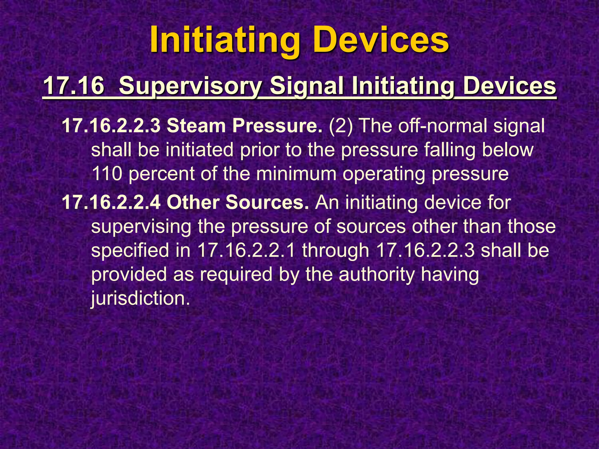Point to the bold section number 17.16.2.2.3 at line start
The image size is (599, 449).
[111, 126]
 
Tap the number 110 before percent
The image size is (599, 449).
[106, 174]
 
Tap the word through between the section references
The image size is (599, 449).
[335, 251]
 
